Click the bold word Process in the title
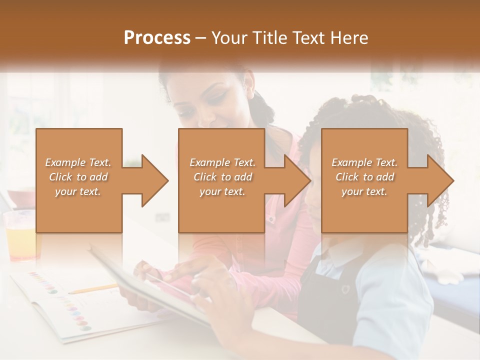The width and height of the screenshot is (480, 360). (156, 38)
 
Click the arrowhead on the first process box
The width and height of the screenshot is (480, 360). (150, 180)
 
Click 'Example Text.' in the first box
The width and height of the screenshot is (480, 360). (78, 162)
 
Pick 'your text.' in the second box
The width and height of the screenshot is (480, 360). (222, 191)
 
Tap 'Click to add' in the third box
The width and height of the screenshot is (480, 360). (364, 177)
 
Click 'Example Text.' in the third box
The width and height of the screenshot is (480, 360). (364, 162)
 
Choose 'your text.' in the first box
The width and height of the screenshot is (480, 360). (78, 191)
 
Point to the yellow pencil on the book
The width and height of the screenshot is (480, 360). (92, 289)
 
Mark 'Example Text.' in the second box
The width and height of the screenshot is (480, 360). (222, 162)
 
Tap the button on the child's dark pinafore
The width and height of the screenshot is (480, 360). (344, 289)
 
